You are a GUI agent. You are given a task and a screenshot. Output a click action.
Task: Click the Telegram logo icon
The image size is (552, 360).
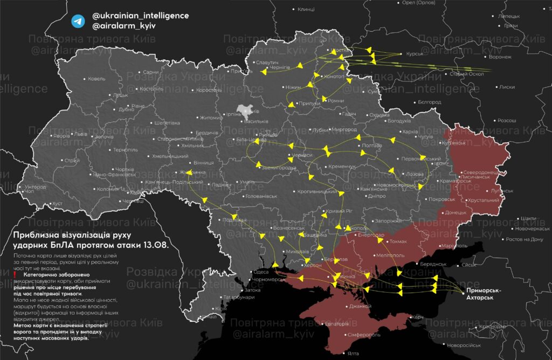(x=78, y=20)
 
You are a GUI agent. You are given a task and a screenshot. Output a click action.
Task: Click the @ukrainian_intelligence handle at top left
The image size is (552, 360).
(x=141, y=16)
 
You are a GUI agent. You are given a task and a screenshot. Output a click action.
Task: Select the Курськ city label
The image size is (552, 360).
(x=414, y=53)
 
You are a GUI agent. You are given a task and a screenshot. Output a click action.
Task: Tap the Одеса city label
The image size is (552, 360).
(x=261, y=272)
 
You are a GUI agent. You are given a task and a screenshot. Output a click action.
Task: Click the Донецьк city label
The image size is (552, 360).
(x=455, y=212)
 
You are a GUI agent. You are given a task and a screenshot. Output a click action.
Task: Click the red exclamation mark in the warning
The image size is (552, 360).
(x=15, y=275)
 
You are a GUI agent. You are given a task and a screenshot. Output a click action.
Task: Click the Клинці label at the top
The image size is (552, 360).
(x=306, y=10)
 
